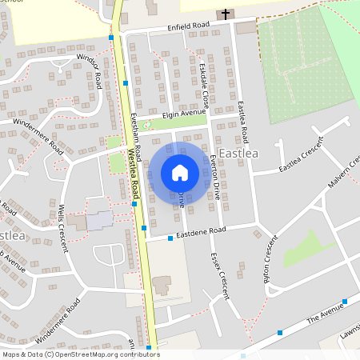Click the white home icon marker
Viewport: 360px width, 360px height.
click(x=180, y=173)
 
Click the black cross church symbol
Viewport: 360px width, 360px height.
click(x=226, y=14)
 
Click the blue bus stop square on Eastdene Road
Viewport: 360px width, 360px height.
click(x=170, y=238)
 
